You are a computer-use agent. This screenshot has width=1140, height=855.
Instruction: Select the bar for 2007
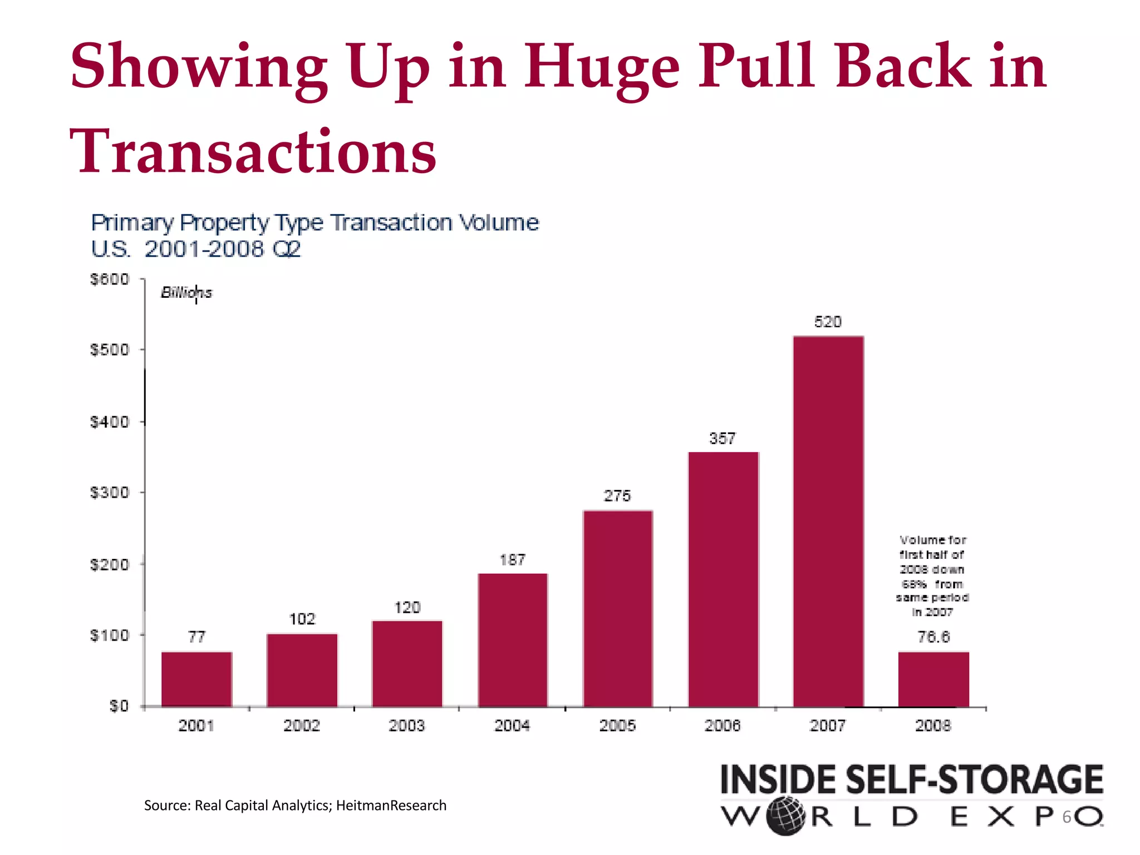point(828,522)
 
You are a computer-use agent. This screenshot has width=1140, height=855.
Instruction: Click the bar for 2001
point(196,679)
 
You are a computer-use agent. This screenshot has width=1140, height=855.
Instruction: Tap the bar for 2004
point(513,640)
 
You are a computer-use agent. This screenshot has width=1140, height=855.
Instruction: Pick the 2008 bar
point(933,679)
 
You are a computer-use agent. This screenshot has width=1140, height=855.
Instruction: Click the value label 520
point(828,322)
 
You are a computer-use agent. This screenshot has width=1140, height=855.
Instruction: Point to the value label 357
point(723,439)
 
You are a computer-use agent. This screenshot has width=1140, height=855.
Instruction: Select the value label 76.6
point(933,637)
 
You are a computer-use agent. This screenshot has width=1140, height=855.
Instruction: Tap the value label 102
point(302,619)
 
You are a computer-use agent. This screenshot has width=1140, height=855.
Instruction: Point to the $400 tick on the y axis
point(110,422)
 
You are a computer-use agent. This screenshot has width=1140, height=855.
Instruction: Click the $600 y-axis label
point(110,279)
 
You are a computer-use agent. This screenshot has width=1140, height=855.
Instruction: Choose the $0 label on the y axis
point(119,706)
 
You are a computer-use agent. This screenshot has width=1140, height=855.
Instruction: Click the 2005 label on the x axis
point(617,725)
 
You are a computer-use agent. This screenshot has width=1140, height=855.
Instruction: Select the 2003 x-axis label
point(406,725)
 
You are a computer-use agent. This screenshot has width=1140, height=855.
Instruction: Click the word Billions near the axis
point(186,293)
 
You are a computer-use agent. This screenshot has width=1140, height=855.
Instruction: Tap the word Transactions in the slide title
point(253,151)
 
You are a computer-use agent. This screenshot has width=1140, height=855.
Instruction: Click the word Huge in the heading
point(602,68)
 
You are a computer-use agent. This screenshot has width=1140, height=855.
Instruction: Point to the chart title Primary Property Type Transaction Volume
point(315,223)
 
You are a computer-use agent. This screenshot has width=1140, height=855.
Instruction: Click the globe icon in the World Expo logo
point(785,816)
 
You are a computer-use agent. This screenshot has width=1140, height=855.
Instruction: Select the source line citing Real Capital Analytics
point(295,805)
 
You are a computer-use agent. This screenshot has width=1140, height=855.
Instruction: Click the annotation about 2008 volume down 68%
point(932,576)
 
